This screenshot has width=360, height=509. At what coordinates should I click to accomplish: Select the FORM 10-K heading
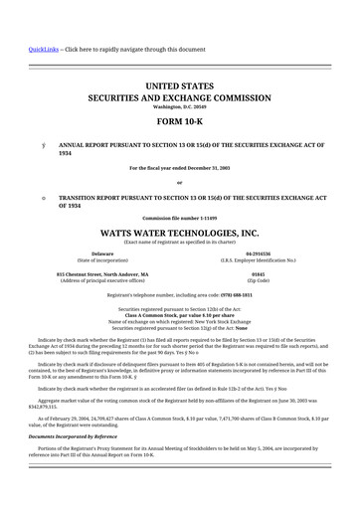(179, 121)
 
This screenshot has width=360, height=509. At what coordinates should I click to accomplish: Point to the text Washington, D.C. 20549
(179, 106)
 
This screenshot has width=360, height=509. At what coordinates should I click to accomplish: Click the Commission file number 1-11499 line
(179, 217)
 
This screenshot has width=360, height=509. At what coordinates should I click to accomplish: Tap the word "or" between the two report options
(179, 183)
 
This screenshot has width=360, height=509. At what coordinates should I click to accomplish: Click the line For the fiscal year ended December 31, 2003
(179, 168)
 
